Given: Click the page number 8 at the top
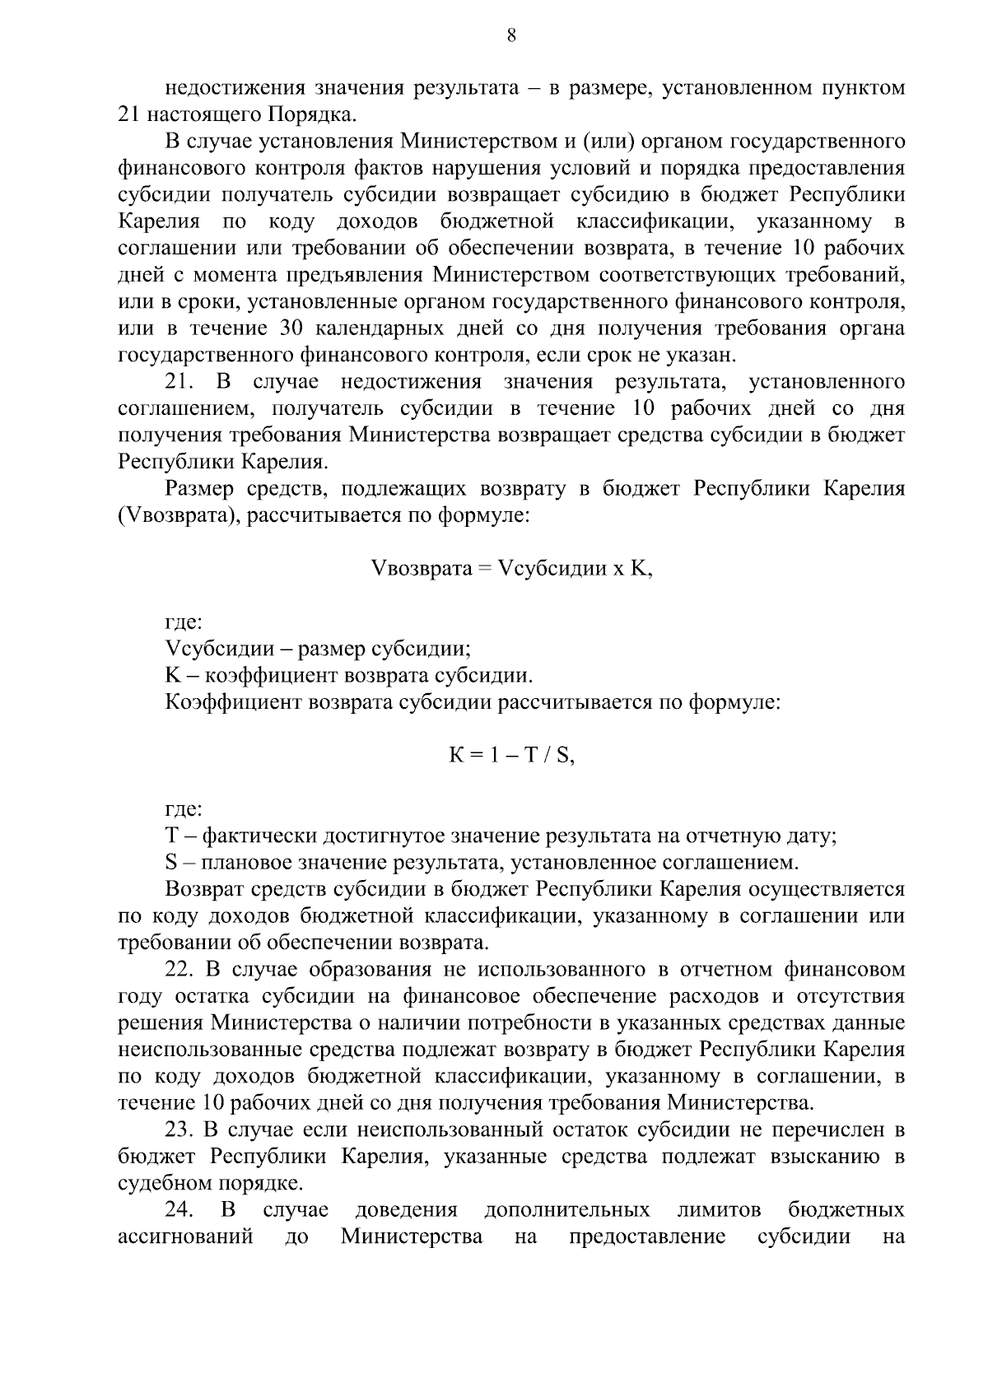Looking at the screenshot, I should pos(511,34).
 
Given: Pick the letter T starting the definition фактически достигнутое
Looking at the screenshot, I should pos(171,836).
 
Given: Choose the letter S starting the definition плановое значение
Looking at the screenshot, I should pos(171,863).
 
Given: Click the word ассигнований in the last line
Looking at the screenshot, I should pos(185,1237).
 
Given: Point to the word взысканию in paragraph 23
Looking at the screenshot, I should pos(824,1157).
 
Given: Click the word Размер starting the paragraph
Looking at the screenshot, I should pos(200,489).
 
